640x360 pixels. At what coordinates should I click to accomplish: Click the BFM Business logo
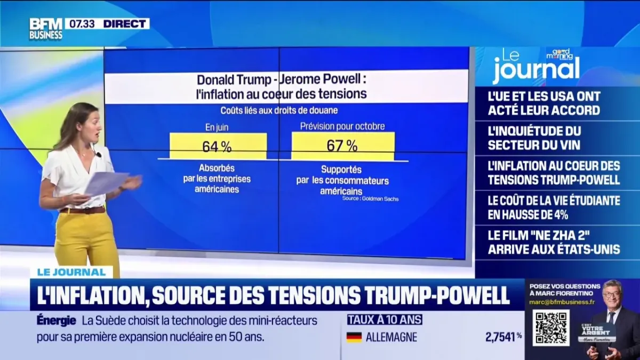(46, 29)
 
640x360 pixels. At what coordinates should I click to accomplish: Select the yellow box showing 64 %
(218, 146)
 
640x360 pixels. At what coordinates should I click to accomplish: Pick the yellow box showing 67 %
(343, 146)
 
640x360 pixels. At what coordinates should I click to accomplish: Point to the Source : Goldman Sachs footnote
(370, 199)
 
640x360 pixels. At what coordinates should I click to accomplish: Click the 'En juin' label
(217, 127)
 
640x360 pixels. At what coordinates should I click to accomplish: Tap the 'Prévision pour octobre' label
(342, 127)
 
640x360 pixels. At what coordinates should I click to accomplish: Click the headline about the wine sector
(534, 138)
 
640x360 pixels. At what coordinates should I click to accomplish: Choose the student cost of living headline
(554, 207)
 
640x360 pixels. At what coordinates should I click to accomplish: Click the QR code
(550, 327)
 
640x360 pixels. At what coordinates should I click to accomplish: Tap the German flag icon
(354, 337)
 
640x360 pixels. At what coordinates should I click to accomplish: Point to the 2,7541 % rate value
(502, 337)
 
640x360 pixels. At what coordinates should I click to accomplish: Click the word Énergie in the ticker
(57, 321)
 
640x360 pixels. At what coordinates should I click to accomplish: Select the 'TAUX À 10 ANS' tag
(385, 320)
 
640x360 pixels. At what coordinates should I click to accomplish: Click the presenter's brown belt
(83, 210)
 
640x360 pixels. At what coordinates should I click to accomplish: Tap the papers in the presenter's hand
(107, 183)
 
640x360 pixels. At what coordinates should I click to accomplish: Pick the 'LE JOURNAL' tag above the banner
(71, 273)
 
